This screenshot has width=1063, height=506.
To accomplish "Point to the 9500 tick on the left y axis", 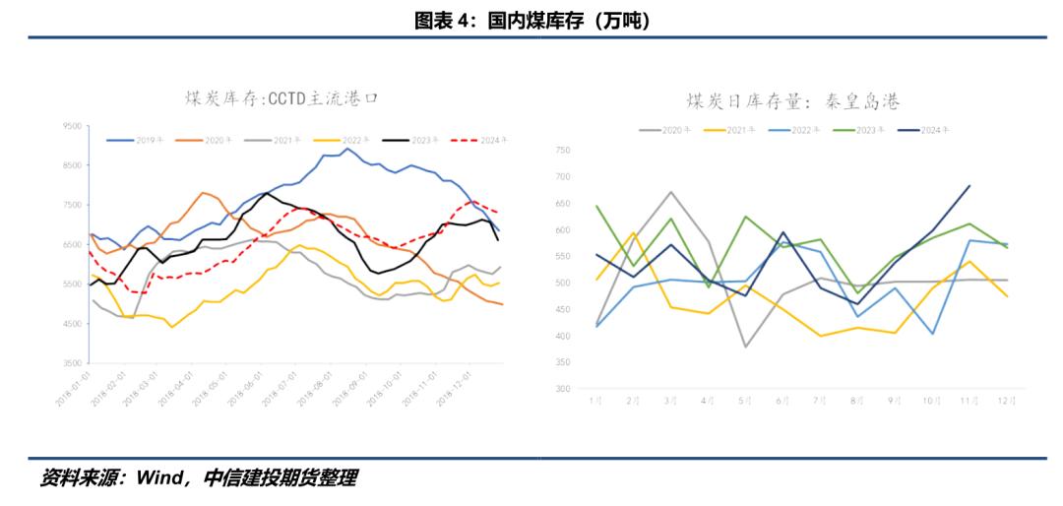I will [x=73, y=126].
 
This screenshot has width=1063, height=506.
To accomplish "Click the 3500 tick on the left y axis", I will [x=73, y=363].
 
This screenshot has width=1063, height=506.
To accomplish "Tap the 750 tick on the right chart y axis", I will [x=562, y=150].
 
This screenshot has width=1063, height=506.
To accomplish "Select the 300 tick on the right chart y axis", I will [x=562, y=389].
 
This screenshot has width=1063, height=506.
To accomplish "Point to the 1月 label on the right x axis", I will [x=595, y=402].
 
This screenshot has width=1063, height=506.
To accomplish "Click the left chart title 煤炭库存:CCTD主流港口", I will [x=282, y=98].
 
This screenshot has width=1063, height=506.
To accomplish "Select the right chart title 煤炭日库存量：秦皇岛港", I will [x=792, y=100].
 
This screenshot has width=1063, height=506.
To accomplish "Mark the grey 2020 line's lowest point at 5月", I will [x=746, y=347].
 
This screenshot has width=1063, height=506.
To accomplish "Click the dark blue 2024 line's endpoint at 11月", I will [x=969, y=185].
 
